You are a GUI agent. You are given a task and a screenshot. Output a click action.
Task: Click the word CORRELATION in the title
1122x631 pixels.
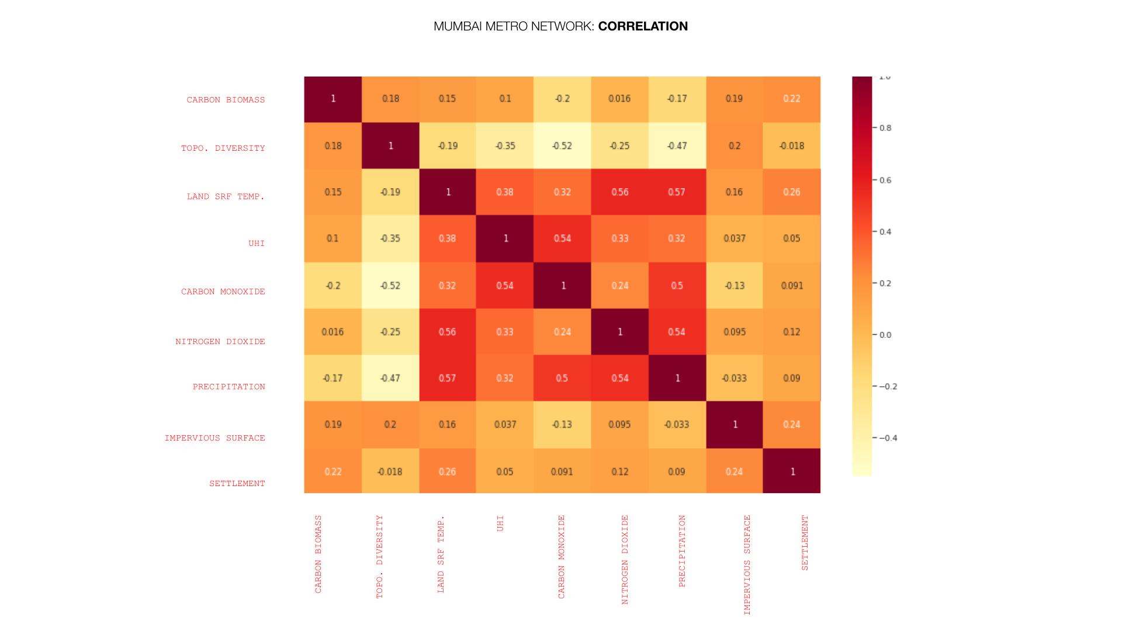click(x=643, y=26)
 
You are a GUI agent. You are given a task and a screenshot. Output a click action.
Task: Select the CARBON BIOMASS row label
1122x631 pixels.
click(x=226, y=100)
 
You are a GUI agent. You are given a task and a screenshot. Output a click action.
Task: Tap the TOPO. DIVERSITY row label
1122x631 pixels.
click(x=223, y=148)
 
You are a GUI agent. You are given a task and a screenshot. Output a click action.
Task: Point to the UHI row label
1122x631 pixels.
click(x=257, y=243)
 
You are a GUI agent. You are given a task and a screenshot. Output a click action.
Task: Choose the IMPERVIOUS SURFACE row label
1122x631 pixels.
click(x=214, y=438)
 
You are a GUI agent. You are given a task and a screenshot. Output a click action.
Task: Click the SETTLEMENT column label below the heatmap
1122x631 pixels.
click(x=805, y=542)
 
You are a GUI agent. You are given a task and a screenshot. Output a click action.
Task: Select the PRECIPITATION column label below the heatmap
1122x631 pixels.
click(x=682, y=550)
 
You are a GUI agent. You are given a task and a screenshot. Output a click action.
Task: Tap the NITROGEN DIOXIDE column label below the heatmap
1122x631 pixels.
click(x=625, y=559)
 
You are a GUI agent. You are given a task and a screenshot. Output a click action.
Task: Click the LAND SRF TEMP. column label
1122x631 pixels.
click(x=441, y=554)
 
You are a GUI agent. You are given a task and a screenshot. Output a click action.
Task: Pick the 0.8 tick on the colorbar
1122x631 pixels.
click(x=885, y=128)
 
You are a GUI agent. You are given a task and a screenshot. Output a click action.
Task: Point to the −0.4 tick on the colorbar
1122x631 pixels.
click(x=888, y=438)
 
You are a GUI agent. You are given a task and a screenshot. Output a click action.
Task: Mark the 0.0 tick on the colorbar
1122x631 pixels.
click(x=885, y=335)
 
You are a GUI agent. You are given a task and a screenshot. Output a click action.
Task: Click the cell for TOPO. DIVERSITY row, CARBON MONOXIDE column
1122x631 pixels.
click(x=562, y=145)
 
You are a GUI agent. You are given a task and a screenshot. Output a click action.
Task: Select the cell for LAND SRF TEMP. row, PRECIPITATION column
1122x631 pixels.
click(x=677, y=192)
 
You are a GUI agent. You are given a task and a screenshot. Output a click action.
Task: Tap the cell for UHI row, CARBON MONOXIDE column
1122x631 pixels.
click(x=562, y=238)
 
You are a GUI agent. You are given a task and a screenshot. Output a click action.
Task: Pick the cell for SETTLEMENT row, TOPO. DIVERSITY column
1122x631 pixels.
click(x=390, y=471)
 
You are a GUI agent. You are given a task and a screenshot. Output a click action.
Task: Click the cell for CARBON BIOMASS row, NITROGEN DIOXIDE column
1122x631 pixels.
click(x=619, y=99)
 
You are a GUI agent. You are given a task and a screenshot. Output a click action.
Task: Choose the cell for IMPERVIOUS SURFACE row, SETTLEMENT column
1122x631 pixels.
click(x=792, y=425)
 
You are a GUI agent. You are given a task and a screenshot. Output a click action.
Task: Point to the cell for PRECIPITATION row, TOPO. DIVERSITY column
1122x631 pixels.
click(x=390, y=378)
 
